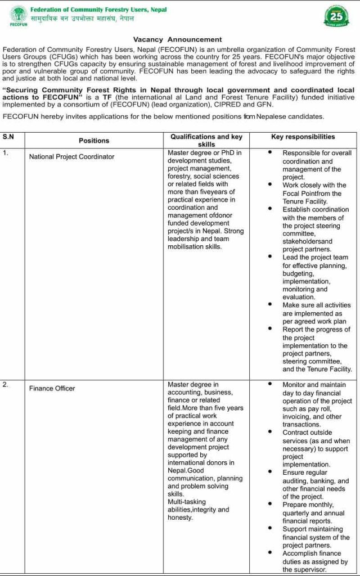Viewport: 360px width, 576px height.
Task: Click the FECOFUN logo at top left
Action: pyautogui.click(x=19, y=16)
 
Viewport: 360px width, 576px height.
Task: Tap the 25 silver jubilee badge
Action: pyautogui.click(x=335, y=16)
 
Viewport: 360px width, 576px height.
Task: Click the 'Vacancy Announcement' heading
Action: pyautogui.click(x=177, y=39)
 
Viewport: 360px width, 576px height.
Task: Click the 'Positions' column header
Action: pyautogui.click(x=94, y=141)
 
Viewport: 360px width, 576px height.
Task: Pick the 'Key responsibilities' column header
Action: pyautogui.click(x=303, y=137)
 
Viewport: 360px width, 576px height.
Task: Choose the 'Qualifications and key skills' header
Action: pyautogui.click(x=206, y=140)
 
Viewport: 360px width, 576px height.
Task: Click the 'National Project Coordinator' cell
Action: pyautogui.click(x=71, y=156)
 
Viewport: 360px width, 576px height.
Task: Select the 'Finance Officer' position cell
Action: pyautogui.click(x=52, y=388)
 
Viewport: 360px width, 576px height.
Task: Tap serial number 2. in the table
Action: pyautogui.click(x=6, y=385)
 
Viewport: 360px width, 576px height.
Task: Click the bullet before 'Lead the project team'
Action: pyautogui.click(x=270, y=257)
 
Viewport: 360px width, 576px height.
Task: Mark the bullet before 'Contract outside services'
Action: pyautogui.click(x=270, y=433)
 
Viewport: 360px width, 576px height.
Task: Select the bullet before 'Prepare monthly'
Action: pyautogui.click(x=270, y=505)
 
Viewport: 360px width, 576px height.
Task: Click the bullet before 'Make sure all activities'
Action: pyautogui.click(x=270, y=305)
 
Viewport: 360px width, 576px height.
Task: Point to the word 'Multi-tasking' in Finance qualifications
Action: pyautogui.click(x=187, y=502)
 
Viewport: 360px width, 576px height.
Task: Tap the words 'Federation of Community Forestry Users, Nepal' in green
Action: pyautogui.click(x=98, y=10)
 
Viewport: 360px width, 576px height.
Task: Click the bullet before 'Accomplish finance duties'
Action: pyautogui.click(x=270, y=553)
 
